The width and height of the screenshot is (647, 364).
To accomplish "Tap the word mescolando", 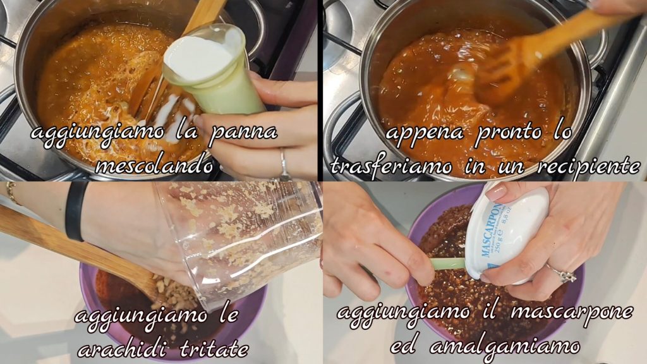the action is (154, 165).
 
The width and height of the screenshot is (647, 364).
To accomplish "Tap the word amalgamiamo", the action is (504, 346).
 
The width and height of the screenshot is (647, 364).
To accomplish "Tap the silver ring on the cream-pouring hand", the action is (284, 163).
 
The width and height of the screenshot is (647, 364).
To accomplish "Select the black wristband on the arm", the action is (75, 210).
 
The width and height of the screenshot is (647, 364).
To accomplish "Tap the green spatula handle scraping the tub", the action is (448, 264).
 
